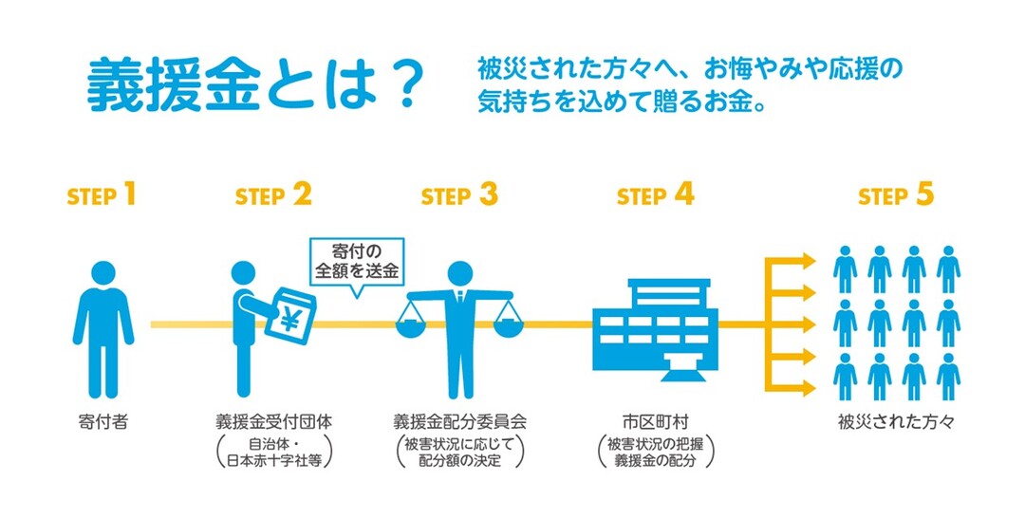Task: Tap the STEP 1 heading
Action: click(102, 196)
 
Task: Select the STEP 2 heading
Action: click(273, 196)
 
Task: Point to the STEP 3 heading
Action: click(459, 196)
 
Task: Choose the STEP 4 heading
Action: click(655, 196)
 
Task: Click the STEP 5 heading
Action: click(896, 196)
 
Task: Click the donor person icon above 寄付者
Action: click(102, 327)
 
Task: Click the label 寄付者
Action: click(102, 418)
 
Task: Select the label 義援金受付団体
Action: click(274, 418)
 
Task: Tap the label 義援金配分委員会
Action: click(460, 418)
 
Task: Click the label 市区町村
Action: click(655, 418)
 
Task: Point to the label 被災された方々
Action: click(896, 418)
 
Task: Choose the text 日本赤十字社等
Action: click(274, 461)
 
